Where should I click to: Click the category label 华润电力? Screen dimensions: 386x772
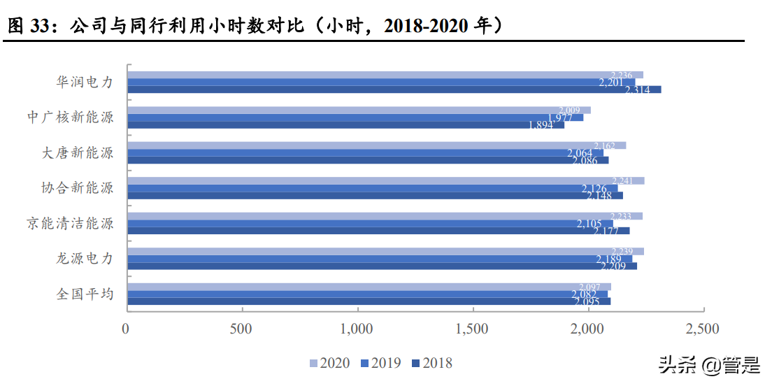tap(85, 82)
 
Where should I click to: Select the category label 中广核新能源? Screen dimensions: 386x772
tap(71, 117)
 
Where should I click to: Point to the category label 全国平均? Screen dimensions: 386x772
tap(85, 294)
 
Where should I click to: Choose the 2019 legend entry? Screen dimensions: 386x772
tap(380, 363)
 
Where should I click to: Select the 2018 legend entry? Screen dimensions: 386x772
tap(431, 363)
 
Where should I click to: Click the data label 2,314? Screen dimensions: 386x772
tap(638, 90)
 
